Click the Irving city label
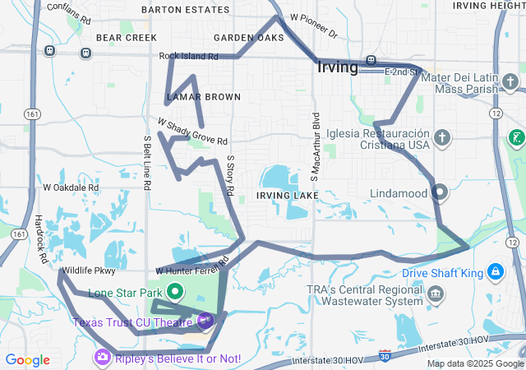point(337,67)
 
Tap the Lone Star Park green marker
point(175,291)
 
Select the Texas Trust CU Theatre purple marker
point(205,321)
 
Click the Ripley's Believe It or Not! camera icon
point(104,356)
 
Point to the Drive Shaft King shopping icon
point(496,271)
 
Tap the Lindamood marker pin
point(440,193)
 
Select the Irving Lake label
point(287,195)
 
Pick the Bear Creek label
point(126,38)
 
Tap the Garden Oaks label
point(248,38)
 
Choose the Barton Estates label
point(185,10)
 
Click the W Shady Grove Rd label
point(192,132)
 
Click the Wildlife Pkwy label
point(88,270)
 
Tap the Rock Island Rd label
point(188,57)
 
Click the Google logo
point(27,359)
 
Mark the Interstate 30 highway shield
point(385,355)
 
